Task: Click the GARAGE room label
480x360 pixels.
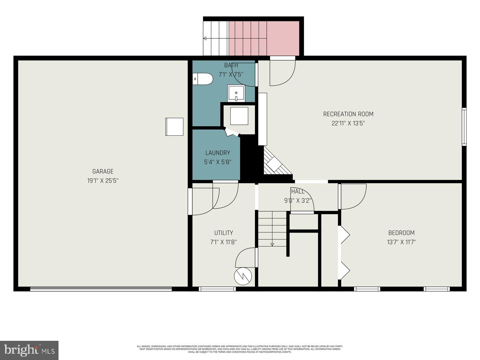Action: (103, 171)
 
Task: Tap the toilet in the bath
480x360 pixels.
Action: (203, 79)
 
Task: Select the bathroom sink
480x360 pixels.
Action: (236, 93)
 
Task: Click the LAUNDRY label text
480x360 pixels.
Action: (218, 153)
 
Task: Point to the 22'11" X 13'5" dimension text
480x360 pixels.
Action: (348, 123)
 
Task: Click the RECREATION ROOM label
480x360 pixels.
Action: (348, 114)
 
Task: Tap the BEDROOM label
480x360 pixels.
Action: (401, 233)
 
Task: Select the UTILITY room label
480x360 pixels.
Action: (223, 233)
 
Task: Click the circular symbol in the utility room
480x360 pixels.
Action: (243, 276)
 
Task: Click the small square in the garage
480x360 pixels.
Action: (174, 127)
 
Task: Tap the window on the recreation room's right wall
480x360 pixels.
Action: (464, 127)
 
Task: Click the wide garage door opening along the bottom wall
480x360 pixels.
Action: (101, 289)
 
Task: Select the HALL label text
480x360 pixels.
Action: (298, 191)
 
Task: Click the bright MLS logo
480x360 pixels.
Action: (29, 350)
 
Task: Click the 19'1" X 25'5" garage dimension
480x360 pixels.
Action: (103, 181)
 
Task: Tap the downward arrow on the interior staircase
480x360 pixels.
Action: (272, 244)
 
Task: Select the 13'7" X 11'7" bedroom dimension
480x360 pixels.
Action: (401, 242)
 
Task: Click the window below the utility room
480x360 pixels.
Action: (217, 289)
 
